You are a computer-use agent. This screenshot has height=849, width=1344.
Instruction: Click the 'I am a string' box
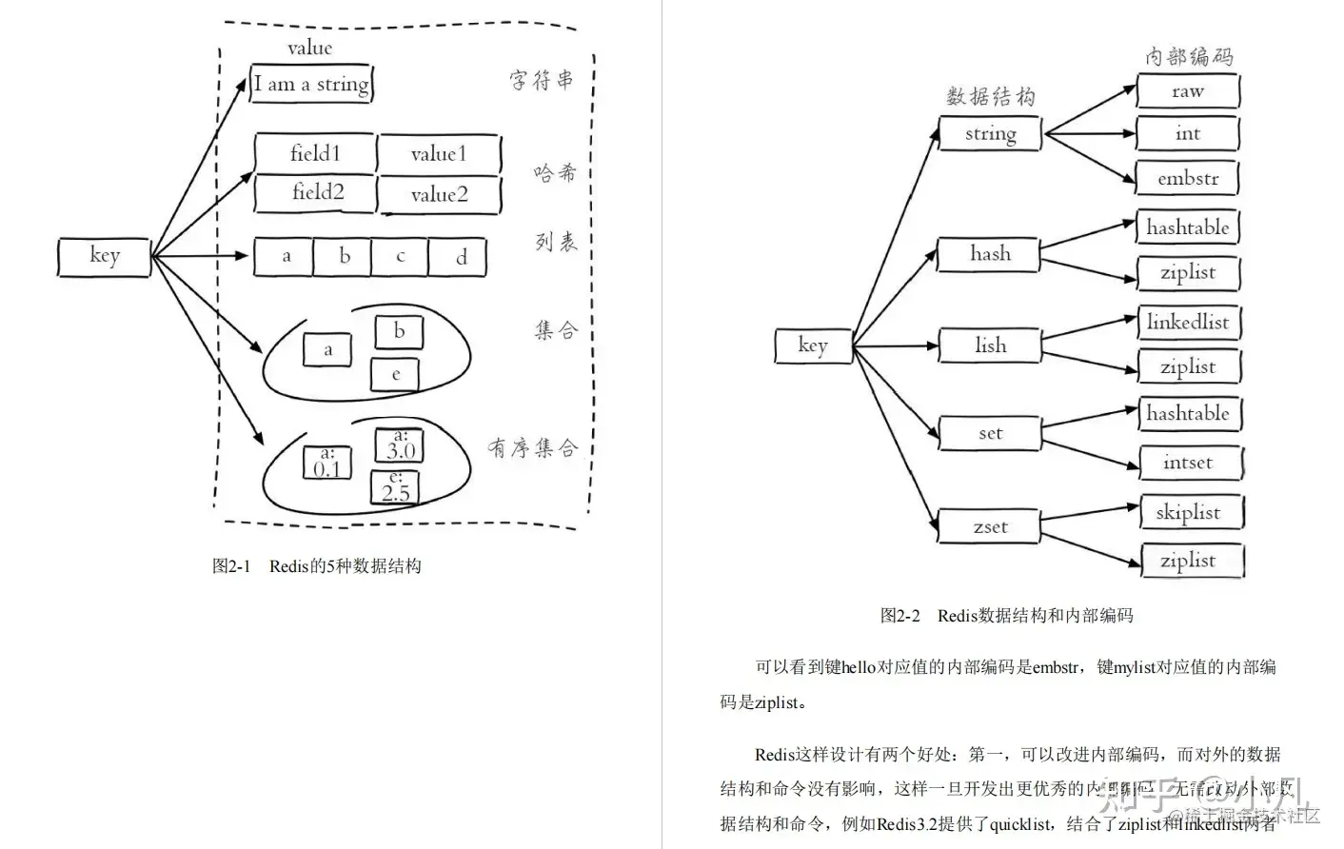click(x=310, y=84)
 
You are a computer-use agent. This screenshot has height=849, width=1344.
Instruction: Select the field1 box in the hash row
click(x=315, y=153)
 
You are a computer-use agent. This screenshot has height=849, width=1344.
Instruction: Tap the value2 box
click(x=439, y=195)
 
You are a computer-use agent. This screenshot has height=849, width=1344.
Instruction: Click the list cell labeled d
click(x=461, y=257)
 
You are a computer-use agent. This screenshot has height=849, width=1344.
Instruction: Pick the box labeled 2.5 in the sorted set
click(x=395, y=488)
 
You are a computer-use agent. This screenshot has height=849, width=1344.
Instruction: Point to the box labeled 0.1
click(x=327, y=464)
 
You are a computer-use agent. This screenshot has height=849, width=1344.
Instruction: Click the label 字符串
click(x=542, y=80)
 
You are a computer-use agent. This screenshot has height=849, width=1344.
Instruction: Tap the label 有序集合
click(x=532, y=447)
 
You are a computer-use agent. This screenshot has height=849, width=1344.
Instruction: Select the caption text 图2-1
click(x=231, y=566)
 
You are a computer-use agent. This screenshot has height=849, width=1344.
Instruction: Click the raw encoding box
click(x=1187, y=91)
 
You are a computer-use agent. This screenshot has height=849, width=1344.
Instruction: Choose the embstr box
click(x=1188, y=178)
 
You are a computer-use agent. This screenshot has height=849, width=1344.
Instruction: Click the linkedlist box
click(x=1188, y=322)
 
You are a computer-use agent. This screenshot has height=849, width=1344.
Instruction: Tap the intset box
click(x=1188, y=463)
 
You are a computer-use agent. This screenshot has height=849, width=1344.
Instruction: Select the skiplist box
click(x=1188, y=512)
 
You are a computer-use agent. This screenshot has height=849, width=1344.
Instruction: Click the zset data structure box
click(x=990, y=526)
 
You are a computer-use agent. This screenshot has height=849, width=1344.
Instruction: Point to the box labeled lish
click(x=990, y=346)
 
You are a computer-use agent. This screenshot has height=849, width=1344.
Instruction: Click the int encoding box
click(x=1187, y=134)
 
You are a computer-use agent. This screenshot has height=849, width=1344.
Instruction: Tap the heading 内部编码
click(x=1189, y=56)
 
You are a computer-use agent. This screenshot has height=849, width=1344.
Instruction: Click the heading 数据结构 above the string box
click(x=990, y=96)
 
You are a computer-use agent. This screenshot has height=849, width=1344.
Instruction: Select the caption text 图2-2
click(x=899, y=616)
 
